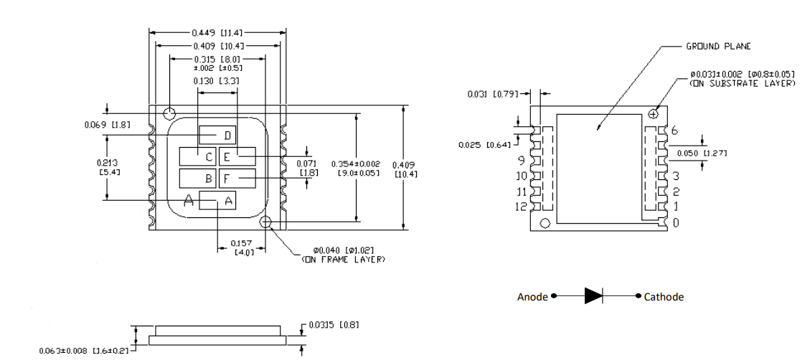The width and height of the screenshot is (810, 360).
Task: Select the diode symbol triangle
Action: tap(593, 296)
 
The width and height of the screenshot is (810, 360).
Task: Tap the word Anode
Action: tap(532, 297)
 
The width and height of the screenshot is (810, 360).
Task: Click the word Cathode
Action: tap(664, 297)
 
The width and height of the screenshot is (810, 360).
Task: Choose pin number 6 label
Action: tap(674, 129)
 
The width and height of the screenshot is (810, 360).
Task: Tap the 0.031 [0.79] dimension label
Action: tap(493, 93)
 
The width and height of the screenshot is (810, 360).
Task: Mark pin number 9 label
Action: tap(522, 161)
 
